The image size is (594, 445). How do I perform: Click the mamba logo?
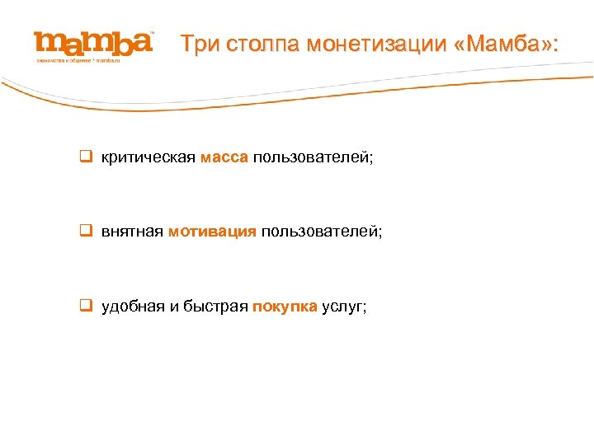click(x=93, y=44)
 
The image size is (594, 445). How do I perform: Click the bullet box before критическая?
click(x=84, y=157)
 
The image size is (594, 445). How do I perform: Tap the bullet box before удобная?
click(x=84, y=307)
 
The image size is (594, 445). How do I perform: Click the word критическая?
click(x=148, y=157)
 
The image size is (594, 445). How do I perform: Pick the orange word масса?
click(x=224, y=157)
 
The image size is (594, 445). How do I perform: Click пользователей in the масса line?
click(x=313, y=157)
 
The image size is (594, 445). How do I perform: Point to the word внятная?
click(x=132, y=232)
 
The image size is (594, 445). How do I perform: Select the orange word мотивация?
click(x=212, y=232)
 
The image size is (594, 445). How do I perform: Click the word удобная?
click(x=133, y=307)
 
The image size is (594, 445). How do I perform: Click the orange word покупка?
click(x=285, y=307)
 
